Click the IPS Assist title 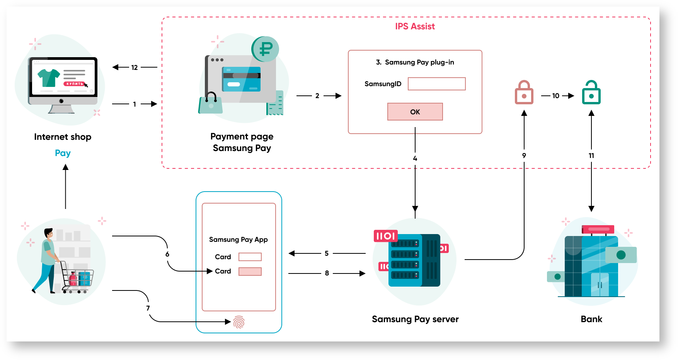[415, 26]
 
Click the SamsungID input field [437, 84]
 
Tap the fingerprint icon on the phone [239, 322]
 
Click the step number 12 [135, 68]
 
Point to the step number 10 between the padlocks [556, 96]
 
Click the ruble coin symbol [266, 49]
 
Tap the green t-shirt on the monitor [49, 78]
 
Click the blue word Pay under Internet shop [63, 153]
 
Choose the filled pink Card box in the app [250, 272]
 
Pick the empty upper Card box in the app [250, 257]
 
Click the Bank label [591, 319]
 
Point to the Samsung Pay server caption [415, 319]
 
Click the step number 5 [327, 253]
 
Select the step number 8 [327, 273]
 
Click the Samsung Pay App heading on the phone [238, 239]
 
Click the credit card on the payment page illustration [242, 79]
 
